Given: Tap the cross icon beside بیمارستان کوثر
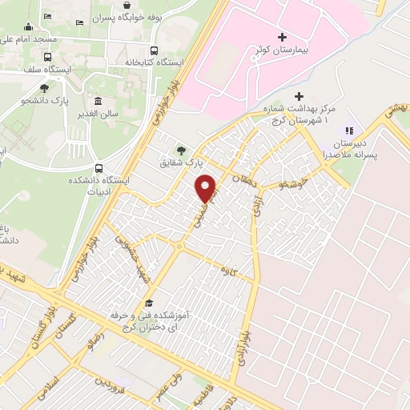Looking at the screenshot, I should click(282, 37).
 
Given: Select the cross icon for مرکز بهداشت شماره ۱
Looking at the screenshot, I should click(299, 96).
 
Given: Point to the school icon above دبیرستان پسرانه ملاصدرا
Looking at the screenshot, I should click(348, 131).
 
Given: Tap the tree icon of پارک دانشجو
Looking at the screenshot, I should click(43, 88).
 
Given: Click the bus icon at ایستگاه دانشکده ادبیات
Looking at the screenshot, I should click(99, 168).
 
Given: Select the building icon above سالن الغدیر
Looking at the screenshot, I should click(98, 102).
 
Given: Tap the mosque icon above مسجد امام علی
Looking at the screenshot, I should click(29, 26).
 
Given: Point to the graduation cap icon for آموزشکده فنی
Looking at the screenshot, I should click(149, 303).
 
